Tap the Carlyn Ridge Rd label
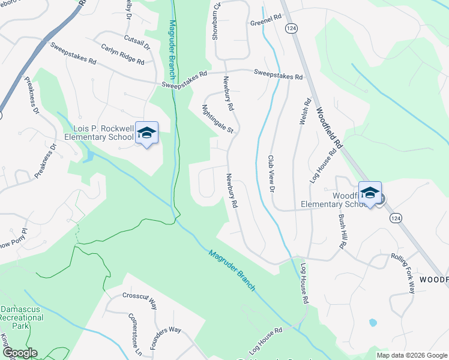122,54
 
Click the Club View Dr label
271,174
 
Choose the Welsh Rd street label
303,112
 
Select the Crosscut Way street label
139,299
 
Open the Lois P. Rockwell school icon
146,133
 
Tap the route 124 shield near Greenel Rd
290,28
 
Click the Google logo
20,353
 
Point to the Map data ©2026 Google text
412,355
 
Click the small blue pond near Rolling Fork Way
373,323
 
